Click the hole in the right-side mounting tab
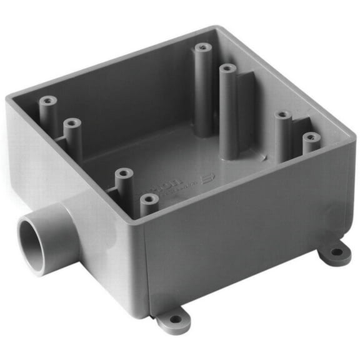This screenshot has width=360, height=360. pos(336,252)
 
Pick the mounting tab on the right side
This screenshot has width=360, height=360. pos(334,253)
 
